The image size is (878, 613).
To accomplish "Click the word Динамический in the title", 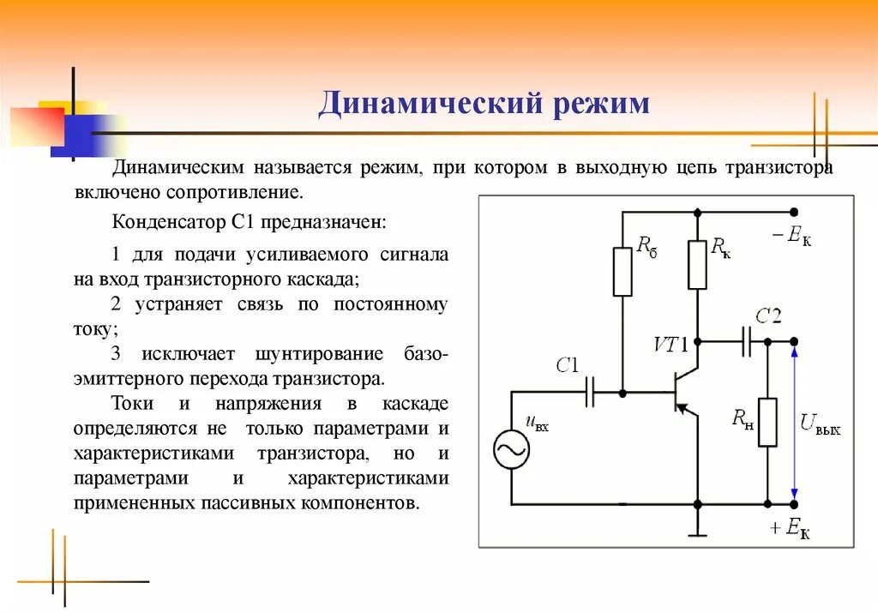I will [x=424, y=104].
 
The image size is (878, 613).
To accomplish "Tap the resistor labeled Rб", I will [x=622, y=272].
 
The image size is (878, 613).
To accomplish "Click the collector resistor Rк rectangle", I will [x=697, y=265].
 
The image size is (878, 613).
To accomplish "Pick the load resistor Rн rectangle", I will [x=767, y=423].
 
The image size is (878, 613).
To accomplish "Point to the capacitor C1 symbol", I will [x=590, y=393].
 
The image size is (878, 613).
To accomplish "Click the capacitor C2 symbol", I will [x=746, y=341].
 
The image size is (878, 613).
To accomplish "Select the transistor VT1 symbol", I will [x=683, y=392].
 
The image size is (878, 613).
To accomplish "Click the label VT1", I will [x=671, y=345].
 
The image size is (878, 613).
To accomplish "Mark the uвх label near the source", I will [x=537, y=422].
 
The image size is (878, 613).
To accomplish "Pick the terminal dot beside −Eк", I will [x=794, y=212].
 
